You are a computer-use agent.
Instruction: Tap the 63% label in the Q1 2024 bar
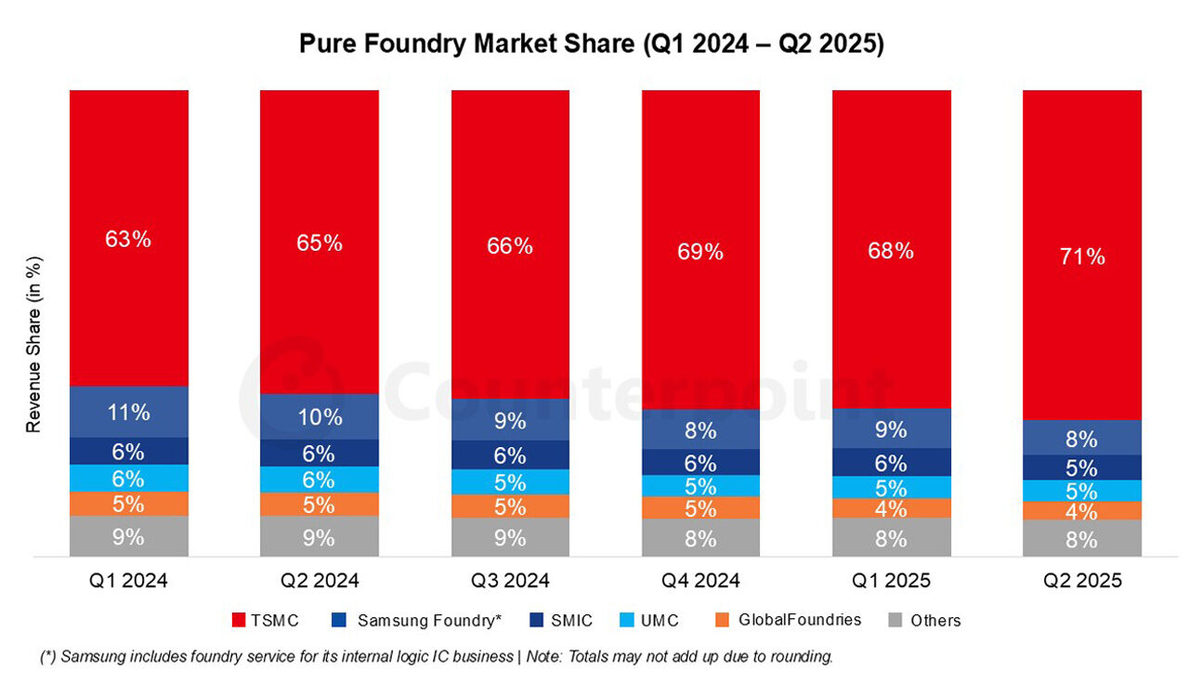point(128,239)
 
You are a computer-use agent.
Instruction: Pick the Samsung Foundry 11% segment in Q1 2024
point(128,412)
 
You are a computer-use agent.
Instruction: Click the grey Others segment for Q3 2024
point(510,537)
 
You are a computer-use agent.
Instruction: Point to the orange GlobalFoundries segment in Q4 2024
point(700,507)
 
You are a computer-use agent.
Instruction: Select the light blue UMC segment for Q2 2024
point(319,480)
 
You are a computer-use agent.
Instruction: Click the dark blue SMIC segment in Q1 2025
point(891,463)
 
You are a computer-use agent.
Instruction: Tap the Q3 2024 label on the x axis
point(510,582)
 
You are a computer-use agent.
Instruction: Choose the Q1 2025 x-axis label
point(891,582)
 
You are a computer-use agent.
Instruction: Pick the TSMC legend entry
point(264,620)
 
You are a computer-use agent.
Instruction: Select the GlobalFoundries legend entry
point(789,620)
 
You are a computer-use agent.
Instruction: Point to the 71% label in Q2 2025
point(1082,256)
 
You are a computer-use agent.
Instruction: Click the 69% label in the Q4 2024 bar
point(700,252)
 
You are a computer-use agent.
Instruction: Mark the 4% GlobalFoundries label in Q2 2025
point(1082,512)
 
